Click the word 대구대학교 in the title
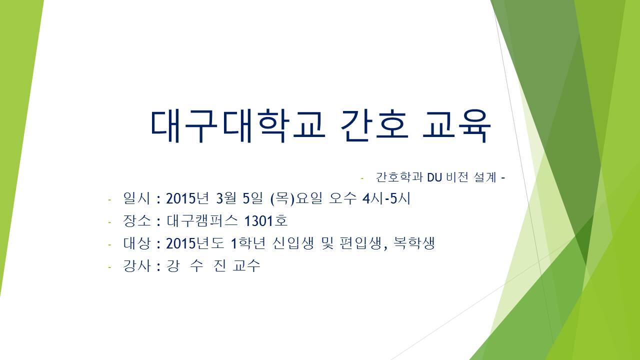(237, 126)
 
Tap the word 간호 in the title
(374, 126)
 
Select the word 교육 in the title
(456, 126)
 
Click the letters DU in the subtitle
(434, 177)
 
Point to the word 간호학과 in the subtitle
(399, 177)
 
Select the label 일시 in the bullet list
(136, 198)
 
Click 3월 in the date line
(226, 198)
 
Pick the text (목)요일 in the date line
(295, 198)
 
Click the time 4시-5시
(386, 198)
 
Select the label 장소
(136, 221)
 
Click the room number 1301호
(266, 221)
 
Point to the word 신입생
(293, 243)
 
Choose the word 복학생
(413, 243)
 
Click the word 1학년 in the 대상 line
(248, 243)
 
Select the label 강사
(136, 266)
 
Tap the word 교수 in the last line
(246, 266)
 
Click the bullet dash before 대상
(109, 245)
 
